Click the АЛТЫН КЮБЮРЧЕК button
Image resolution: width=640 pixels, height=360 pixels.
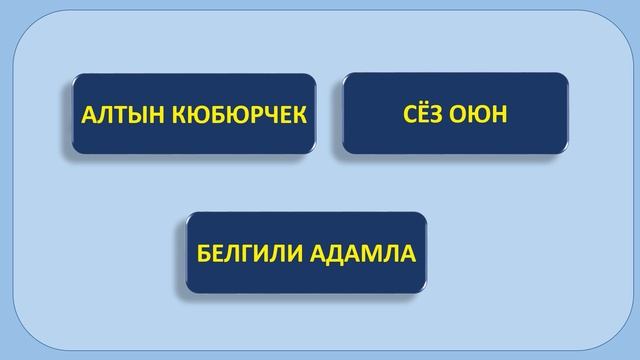[193, 114]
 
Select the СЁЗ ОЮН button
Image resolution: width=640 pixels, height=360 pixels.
[456, 113]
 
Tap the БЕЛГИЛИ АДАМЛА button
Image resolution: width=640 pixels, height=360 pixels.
[305, 251]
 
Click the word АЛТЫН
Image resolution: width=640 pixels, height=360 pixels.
[116, 115]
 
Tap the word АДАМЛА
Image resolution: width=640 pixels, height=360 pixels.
[359, 252]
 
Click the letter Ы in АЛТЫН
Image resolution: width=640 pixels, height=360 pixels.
[130, 115]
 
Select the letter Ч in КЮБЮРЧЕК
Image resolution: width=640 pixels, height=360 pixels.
[267, 115]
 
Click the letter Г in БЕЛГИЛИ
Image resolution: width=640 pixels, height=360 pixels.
[246, 252]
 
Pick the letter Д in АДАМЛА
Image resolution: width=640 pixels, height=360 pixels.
[332, 252]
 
